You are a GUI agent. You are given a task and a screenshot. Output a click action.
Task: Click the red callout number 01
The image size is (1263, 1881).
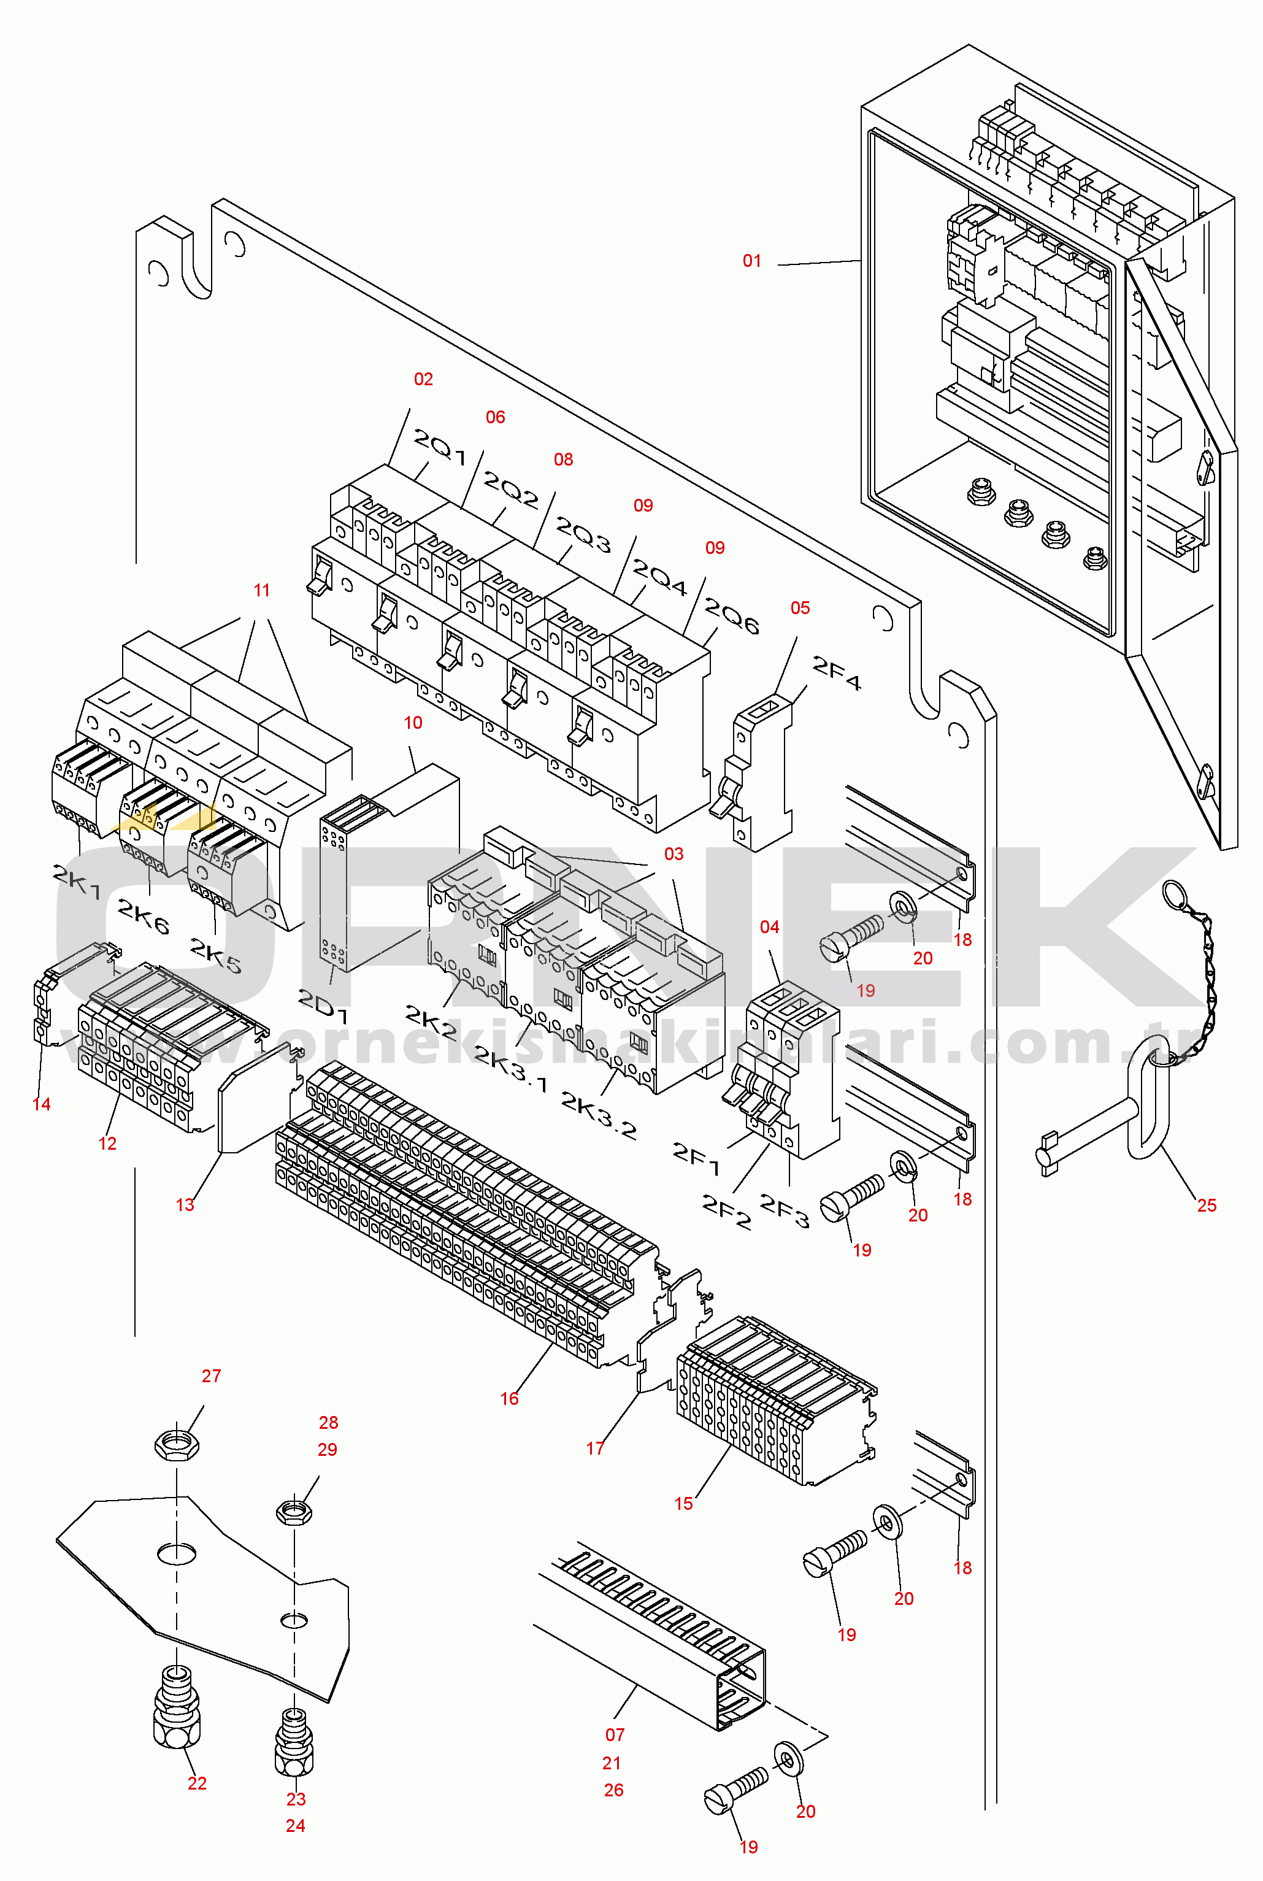(x=751, y=260)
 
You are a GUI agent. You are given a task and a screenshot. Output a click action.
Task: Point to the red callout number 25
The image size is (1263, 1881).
(x=1206, y=1205)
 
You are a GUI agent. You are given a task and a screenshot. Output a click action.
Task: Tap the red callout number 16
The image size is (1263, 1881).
(x=509, y=1398)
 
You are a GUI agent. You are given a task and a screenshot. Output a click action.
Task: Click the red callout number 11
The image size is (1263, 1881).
(x=262, y=590)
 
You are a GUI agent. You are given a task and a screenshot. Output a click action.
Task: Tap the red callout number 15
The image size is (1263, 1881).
(x=683, y=1503)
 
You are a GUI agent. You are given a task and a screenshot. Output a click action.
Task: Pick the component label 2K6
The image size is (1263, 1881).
(x=144, y=917)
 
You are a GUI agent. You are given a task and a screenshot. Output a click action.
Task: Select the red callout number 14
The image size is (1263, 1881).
(x=42, y=1104)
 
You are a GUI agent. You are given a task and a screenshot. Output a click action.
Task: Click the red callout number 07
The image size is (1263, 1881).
(x=615, y=1734)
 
